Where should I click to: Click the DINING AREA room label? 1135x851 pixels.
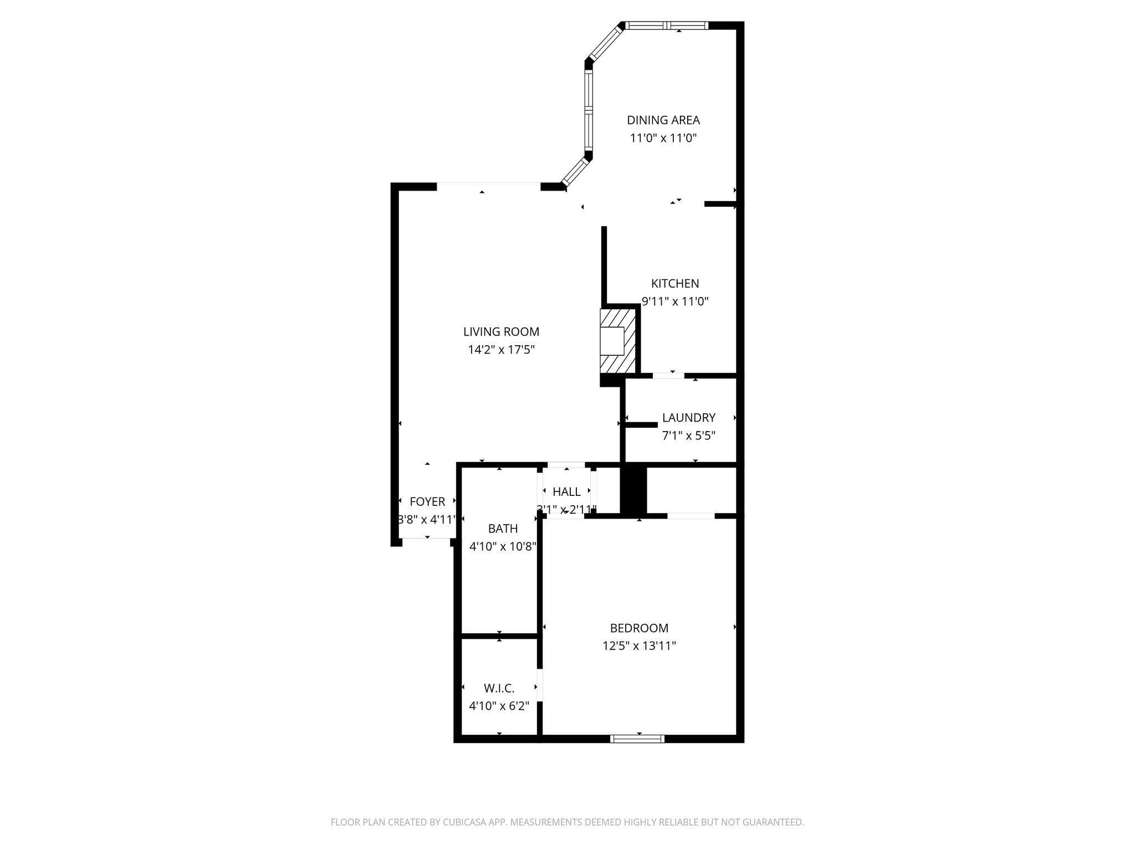tap(663, 120)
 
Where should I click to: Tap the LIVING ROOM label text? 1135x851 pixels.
tap(501, 332)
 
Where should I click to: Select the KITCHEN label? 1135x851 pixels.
tap(674, 284)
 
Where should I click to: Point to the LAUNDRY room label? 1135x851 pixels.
tap(688, 418)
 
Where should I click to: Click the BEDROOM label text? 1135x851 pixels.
tap(639, 628)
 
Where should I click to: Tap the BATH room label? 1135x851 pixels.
tap(503, 529)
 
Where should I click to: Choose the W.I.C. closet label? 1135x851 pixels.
tap(499, 688)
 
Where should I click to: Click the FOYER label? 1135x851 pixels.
tap(427, 502)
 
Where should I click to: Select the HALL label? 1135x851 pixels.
tap(566, 492)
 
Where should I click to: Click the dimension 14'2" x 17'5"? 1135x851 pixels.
tap(501, 350)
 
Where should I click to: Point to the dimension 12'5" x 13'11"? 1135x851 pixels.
tap(639, 646)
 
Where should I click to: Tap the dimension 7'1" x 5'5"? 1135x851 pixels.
tap(688, 435)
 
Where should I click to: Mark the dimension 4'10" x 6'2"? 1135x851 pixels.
tap(499, 706)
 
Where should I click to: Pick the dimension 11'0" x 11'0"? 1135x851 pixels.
tap(663, 138)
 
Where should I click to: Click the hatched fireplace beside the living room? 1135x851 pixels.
tap(617, 341)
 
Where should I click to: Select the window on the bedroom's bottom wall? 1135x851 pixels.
tap(637, 738)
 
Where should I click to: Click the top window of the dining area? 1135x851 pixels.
tap(666, 25)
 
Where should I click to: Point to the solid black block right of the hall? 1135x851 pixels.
tap(633, 490)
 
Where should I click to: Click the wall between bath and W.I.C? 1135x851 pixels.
tap(499, 635)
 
